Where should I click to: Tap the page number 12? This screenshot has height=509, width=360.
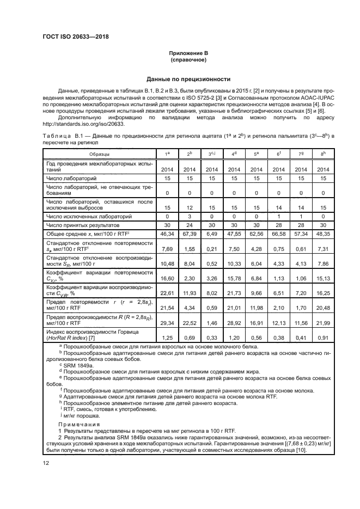tap(46, 463)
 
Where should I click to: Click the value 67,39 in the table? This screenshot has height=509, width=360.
tap(188, 233)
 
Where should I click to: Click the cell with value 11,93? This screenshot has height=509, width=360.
tap(188, 292)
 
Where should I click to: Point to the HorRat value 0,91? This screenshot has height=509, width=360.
tap(324, 337)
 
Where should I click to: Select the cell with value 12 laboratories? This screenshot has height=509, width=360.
tap(188, 207)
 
